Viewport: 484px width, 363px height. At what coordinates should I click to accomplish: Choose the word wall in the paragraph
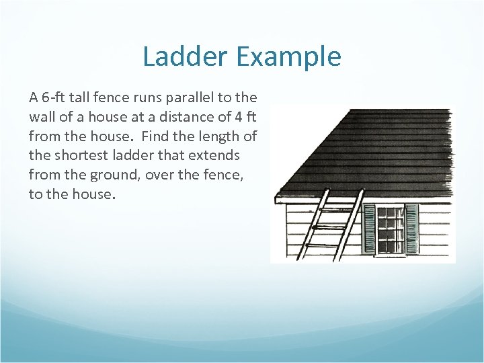click(x=42, y=116)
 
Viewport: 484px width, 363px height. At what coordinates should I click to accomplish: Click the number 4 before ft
click(x=234, y=116)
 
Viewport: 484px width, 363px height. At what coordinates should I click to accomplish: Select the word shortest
click(x=75, y=156)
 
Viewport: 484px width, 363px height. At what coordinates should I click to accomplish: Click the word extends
click(x=214, y=156)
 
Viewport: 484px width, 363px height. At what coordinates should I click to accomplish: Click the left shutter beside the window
click(x=369, y=229)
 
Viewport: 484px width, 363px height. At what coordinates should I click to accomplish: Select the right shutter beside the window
click(x=411, y=229)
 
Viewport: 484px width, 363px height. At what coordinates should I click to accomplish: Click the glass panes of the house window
click(x=391, y=229)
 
